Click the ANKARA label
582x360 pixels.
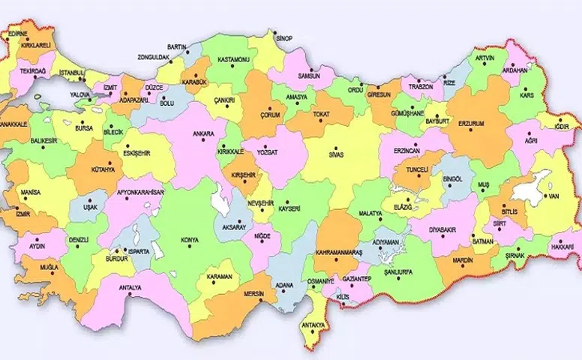point(203,134)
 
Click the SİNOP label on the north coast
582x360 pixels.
point(283,38)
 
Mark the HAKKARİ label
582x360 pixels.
point(562,245)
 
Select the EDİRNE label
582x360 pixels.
point(18,34)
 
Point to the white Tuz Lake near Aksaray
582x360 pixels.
point(220,201)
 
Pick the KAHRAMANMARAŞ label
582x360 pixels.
point(338,253)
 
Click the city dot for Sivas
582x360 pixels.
point(335,148)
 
